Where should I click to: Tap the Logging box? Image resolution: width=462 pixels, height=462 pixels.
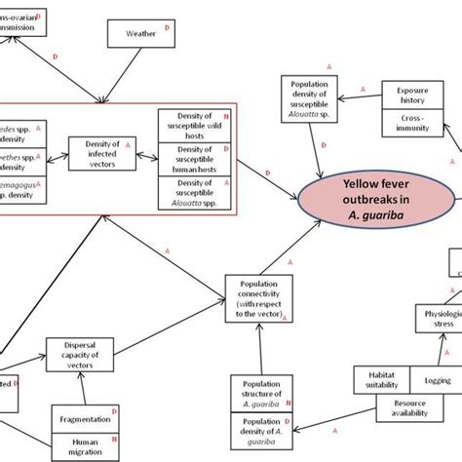click(x=430, y=380)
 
